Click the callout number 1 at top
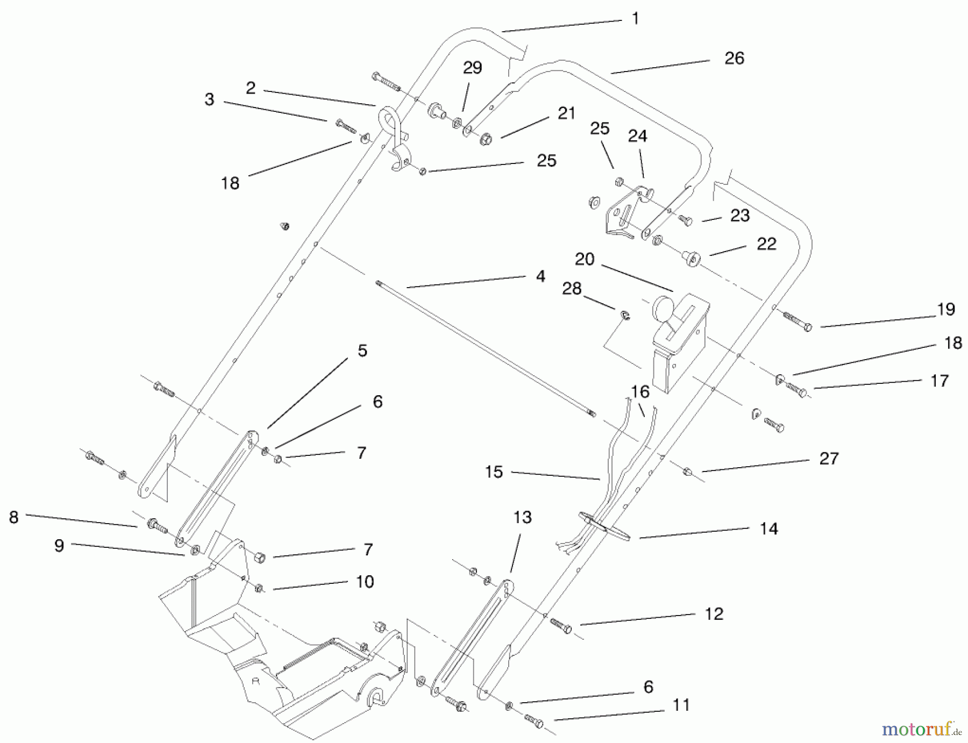[x=635, y=19]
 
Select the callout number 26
[x=734, y=58]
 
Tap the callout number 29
[x=472, y=68]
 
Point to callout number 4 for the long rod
[x=540, y=276]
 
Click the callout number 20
[x=585, y=260]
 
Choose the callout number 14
[x=768, y=529]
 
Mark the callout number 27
[x=829, y=459]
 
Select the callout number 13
[x=522, y=518]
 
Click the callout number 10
[x=365, y=582]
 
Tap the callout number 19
[x=945, y=310]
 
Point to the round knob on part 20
[x=663, y=310]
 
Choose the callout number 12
[x=714, y=614]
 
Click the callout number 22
[x=766, y=244]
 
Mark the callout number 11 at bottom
[x=681, y=705]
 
